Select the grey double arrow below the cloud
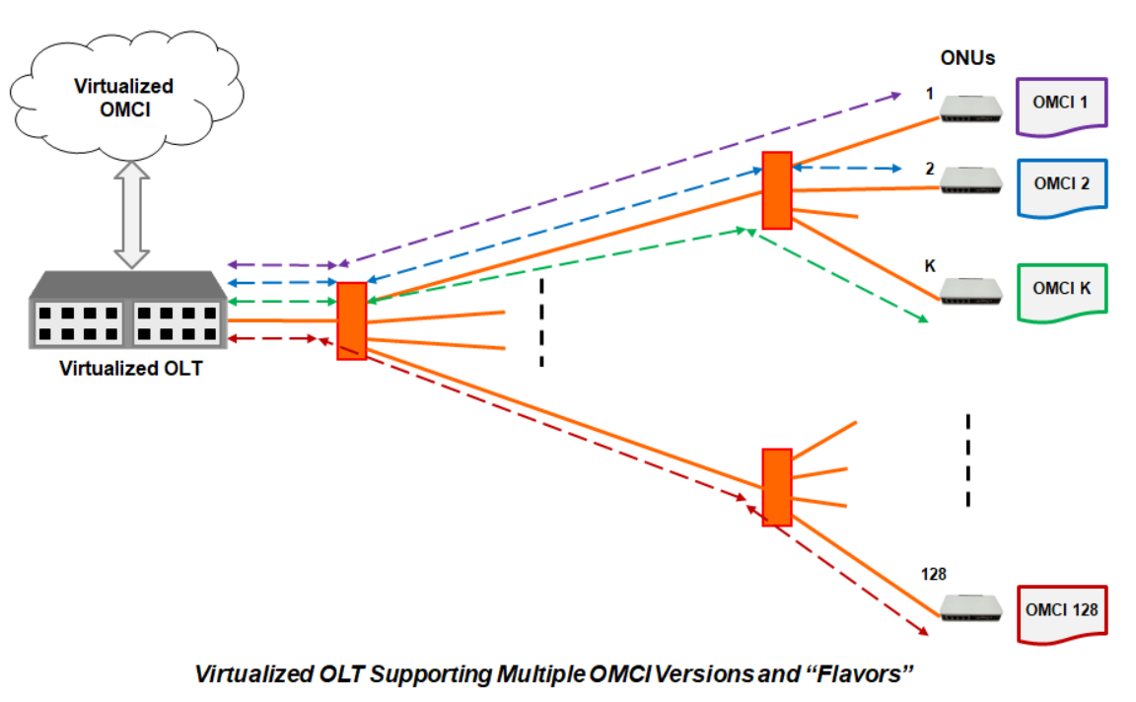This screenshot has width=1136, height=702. point(131,214)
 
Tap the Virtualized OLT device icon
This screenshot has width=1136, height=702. point(126,310)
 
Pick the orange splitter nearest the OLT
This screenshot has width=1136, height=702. point(352,320)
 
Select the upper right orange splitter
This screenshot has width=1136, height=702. point(777,190)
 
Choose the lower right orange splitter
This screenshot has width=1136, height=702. point(777,486)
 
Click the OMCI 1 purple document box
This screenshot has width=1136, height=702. point(1063,104)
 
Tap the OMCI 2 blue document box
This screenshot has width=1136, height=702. point(1063,184)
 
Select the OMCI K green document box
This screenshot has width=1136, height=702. point(1063,290)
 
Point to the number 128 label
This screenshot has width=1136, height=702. point(934,573)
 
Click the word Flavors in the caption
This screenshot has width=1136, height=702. point(867,675)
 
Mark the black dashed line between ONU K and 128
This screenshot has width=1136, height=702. point(968,459)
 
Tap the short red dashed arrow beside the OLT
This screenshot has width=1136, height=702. point(272,338)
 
